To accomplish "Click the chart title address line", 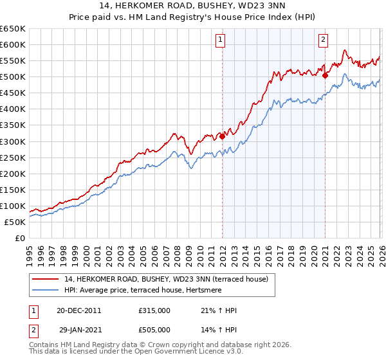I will point(192,7).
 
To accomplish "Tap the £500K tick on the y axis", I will point(12,77).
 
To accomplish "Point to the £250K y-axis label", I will point(12,157).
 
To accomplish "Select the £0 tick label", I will point(19,238).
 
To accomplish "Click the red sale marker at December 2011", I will point(222,136).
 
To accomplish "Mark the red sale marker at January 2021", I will point(326,75).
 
